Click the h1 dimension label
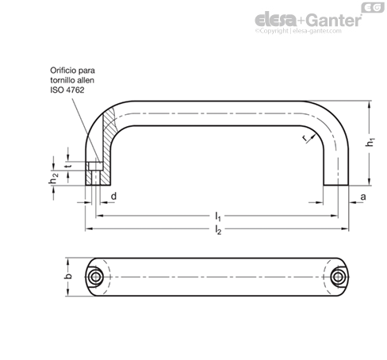370,142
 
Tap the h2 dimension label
54,178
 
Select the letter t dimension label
68,166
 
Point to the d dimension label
113,196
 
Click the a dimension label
363,197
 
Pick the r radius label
305,138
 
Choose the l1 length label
217,216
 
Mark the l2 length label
218,230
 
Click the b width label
68,276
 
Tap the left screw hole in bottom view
95,277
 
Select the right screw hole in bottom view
338,277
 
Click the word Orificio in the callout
63,71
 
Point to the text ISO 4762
67,90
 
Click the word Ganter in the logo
334,20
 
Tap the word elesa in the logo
276,20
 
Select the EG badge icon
373,8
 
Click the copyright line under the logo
298,31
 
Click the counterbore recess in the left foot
95,166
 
